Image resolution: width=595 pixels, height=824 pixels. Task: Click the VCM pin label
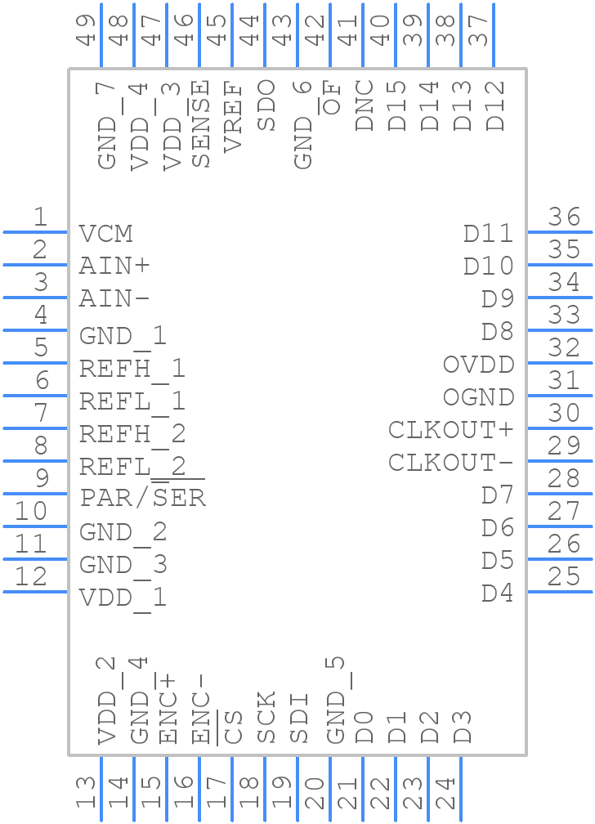pos(105,234)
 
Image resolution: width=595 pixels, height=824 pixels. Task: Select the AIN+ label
pos(114,266)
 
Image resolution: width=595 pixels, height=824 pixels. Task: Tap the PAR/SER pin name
pos(142,497)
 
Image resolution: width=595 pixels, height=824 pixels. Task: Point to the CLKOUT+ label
pos(450,430)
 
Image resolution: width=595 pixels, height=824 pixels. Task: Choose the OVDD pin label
pos(478,365)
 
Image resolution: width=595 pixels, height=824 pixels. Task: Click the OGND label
pos(478,397)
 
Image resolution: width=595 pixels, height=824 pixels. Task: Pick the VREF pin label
pos(233,116)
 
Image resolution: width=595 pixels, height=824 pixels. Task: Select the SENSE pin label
pos(200,123)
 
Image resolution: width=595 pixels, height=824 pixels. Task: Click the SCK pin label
pos(266,717)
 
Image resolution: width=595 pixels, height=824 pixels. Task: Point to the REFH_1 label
pos(132,369)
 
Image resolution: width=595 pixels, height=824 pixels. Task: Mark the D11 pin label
pos(488,234)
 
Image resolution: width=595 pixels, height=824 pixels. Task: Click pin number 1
pos(40,217)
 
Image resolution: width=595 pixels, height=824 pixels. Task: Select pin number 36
pos(564,217)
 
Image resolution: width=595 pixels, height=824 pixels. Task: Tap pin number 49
pos(86,29)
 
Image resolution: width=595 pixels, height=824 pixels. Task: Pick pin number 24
pos(445,794)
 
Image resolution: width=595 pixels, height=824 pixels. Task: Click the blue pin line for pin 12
pos(35,591)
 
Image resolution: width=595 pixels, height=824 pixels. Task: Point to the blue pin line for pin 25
pos(560,591)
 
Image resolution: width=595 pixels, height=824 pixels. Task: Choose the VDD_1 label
pos(123,598)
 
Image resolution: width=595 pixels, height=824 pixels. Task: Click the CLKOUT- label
pos(450,463)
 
